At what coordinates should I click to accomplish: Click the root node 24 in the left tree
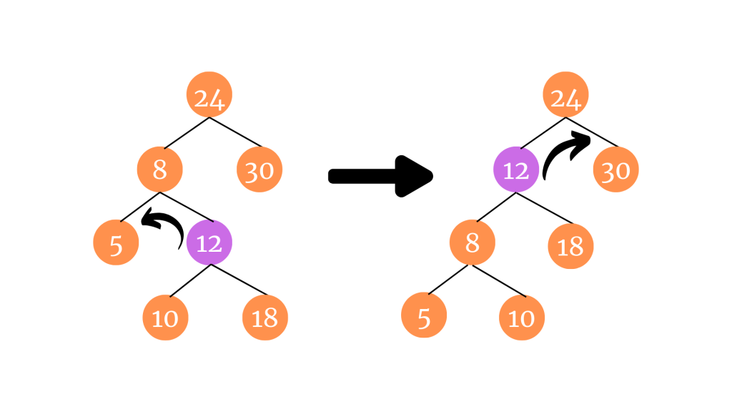click(209, 97)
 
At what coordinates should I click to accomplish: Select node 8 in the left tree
click(160, 170)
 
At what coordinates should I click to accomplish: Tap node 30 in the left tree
click(259, 170)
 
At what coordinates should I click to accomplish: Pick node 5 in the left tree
click(116, 243)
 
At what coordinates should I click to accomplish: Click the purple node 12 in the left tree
click(209, 243)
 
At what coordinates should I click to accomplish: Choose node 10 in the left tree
click(165, 317)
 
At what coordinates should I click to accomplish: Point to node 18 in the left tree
click(265, 317)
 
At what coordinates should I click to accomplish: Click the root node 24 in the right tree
click(566, 97)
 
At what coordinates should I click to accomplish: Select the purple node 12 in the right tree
click(516, 170)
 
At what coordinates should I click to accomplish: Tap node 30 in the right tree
click(616, 170)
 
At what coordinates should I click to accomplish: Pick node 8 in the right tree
click(472, 243)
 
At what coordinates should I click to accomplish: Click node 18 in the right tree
click(570, 246)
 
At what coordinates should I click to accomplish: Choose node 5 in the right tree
click(424, 317)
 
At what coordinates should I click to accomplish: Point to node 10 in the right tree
click(522, 317)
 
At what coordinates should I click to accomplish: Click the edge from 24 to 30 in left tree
click(236, 134)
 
